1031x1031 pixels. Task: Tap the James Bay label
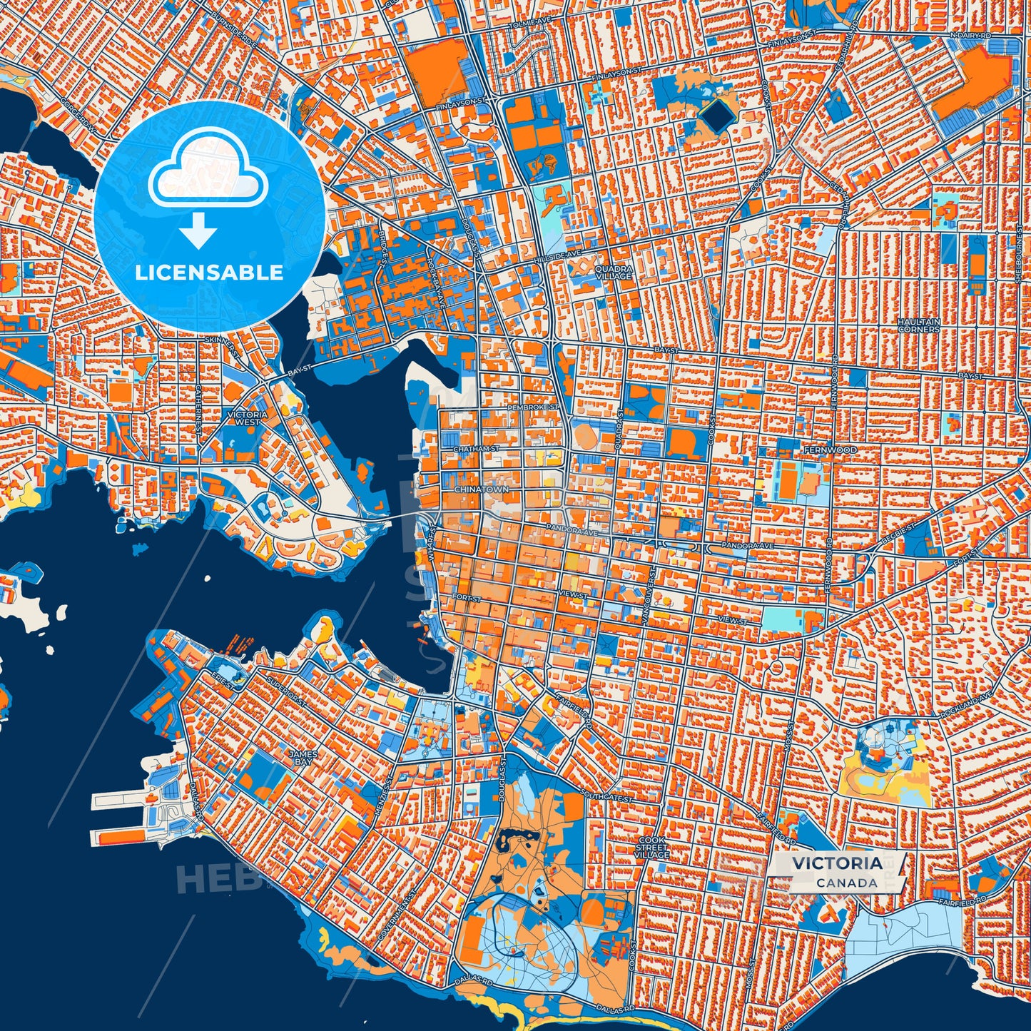point(298,757)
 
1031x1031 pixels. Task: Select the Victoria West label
point(246,417)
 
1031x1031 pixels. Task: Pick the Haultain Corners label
point(918,325)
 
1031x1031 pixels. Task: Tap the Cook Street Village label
point(653,848)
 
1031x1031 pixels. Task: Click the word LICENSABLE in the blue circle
point(209,273)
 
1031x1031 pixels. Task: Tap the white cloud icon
point(208,170)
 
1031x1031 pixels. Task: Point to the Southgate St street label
point(606,795)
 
